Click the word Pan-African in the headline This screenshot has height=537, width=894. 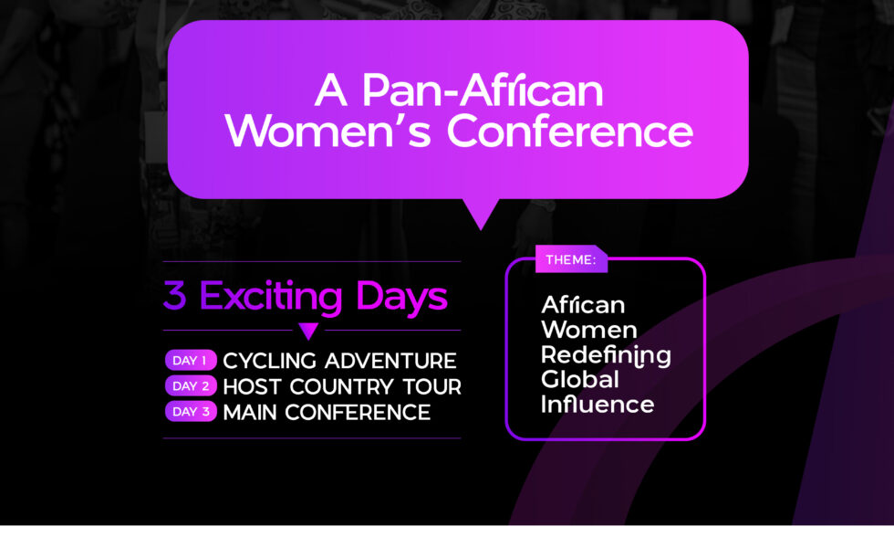[x=483, y=90]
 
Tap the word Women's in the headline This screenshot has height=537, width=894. [x=328, y=131]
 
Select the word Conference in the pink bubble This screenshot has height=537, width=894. [x=569, y=131]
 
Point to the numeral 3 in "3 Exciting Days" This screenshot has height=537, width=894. [x=175, y=295]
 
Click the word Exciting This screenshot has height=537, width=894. [x=270, y=297]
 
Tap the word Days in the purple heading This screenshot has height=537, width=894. [x=401, y=297]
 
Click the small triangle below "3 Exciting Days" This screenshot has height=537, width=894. [x=308, y=331]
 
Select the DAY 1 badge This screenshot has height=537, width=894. [x=191, y=361]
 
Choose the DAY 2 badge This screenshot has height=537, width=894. [x=191, y=385]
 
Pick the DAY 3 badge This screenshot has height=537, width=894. [x=191, y=412]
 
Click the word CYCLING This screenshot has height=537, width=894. [x=270, y=361]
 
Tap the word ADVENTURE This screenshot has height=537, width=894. [x=390, y=361]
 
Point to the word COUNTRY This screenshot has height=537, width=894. [x=341, y=386]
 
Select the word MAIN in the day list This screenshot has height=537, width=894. [x=250, y=412]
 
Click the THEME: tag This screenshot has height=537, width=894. [x=571, y=259]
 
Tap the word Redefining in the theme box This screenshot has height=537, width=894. [x=606, y=355]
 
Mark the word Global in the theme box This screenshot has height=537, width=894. [x=580, y=380]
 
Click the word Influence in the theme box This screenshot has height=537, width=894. [x=598, y=404]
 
